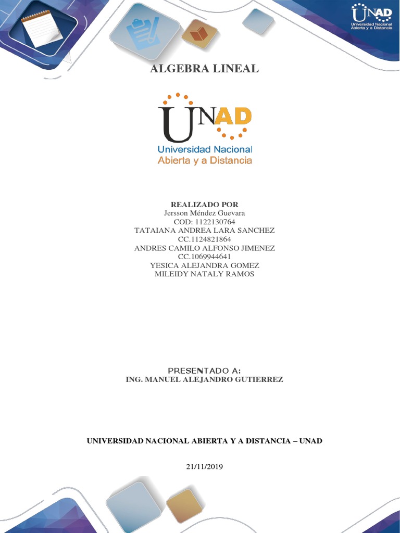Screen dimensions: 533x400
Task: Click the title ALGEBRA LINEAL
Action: [x=204, y=69]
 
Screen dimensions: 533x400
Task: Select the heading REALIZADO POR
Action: [x=204, y=205]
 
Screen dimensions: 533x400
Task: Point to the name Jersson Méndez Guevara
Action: [x=204, y=213]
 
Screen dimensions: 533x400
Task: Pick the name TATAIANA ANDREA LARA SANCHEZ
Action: [x=204, y=230]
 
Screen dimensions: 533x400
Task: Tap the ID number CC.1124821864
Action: [x=204, y=239]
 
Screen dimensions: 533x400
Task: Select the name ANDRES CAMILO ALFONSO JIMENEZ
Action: [x=204, y=248]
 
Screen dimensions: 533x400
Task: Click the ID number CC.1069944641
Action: [x=204, y=257]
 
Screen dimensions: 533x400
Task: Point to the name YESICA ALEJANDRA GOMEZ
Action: [x=204, y=265]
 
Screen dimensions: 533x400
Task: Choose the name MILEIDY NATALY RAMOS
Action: [x=204, y=274]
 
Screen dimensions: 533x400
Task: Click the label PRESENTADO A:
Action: [x=204, y=370]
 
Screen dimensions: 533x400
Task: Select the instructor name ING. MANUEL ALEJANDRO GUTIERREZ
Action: [x=204, y=379]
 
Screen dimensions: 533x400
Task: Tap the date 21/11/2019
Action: [x=204, y=467]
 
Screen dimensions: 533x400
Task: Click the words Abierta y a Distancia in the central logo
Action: [x=205, y=160]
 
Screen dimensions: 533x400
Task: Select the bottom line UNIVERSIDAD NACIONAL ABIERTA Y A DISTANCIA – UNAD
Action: [x=204, y=441]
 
